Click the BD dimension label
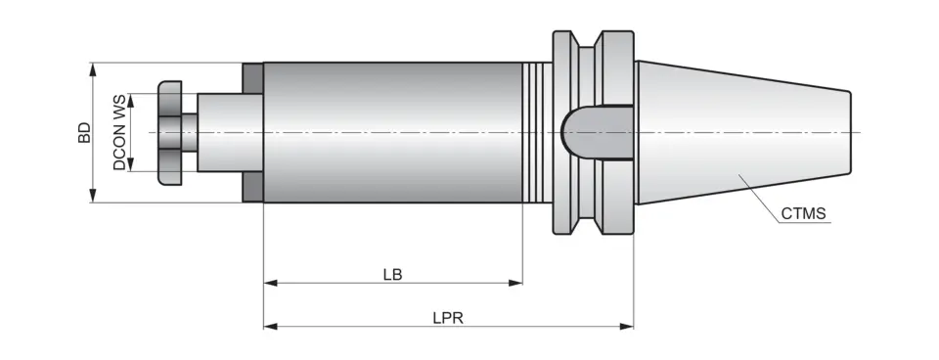[85, 133]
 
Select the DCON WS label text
[119, 133]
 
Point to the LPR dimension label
[448, 318]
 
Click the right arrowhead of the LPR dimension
[628, 327]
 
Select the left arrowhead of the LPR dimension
[270, 327]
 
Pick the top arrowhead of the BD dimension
[94, 68]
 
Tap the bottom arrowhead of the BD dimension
[94, 198]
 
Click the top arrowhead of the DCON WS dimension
[129, 98]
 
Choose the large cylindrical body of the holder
[391, 132]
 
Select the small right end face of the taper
[849, 133]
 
